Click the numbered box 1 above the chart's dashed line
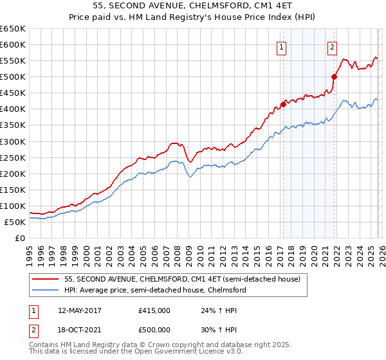coord(282,47)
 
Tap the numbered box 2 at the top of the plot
coord(332,47)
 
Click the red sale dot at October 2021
coord(334,77)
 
